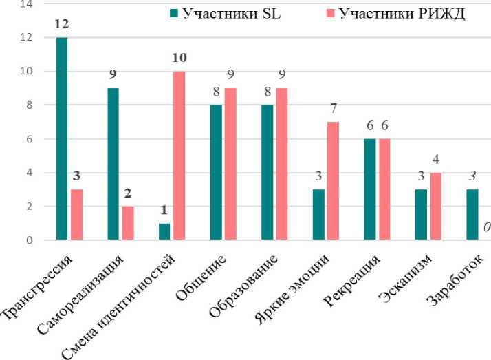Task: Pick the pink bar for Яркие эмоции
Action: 331,181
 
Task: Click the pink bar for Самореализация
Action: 129,223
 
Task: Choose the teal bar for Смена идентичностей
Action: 164,232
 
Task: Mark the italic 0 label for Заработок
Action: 486,227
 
